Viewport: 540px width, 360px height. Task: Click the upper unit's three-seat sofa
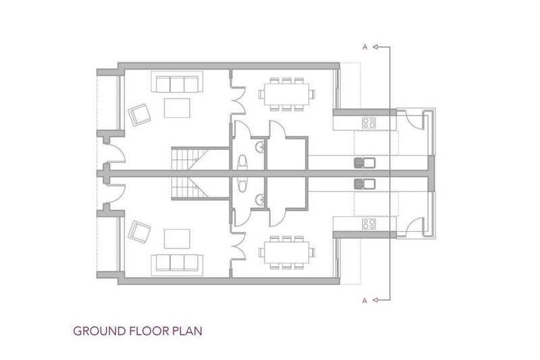point(177,82)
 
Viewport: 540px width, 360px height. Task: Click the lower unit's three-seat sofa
point(177,265)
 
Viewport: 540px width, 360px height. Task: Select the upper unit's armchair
point(140,114)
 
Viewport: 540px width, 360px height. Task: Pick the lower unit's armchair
point(140,232)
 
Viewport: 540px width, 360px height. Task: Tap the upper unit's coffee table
point(177,108)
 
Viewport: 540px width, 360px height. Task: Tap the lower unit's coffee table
point(177,238)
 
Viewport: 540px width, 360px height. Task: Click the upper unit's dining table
point(286,94)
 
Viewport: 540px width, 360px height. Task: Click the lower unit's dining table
point(286,253)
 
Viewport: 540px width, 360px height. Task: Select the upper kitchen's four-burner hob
point(369,123)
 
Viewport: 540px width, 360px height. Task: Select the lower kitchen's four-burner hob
point(369,224)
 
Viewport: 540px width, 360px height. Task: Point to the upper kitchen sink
point(364,163)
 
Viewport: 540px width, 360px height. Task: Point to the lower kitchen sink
point(364,184)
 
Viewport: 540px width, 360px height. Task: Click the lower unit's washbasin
point(260,199)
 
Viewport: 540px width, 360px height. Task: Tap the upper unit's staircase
point(190,159)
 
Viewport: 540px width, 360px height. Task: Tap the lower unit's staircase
point(190,187)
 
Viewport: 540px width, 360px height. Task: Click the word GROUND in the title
point(99,331)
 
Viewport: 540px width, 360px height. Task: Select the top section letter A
point(365,47)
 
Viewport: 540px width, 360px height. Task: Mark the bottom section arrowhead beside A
point(377,300)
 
